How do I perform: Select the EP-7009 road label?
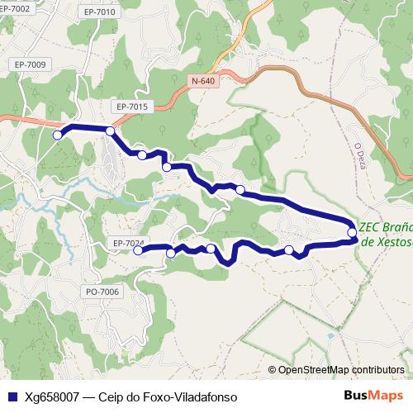30,64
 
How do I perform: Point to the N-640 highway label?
202,81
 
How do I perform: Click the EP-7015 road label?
131,107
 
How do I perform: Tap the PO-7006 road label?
103,292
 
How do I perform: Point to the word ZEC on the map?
370,225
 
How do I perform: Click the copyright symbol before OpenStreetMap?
272,369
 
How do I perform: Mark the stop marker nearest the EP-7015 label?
110,131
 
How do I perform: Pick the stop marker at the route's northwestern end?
57,135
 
